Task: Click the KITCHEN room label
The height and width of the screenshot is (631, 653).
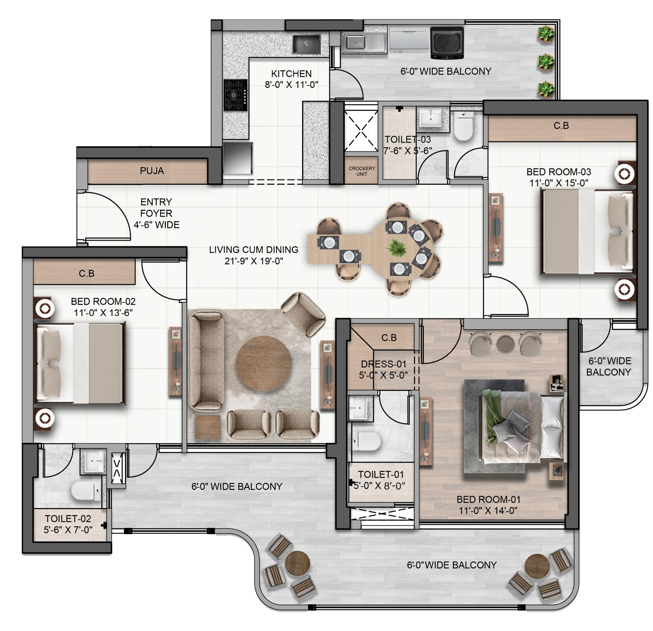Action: pos(291,74)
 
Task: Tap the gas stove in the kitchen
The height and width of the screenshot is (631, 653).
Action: pos(236,95)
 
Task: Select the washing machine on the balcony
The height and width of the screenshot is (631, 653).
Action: pos(447,43)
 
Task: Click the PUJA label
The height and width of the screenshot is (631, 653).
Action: pos(152,171)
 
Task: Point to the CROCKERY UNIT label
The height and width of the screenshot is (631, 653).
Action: pos(362,171)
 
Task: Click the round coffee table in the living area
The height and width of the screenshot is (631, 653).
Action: pos(264,363)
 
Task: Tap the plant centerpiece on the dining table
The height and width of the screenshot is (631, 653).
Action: pos(397,248)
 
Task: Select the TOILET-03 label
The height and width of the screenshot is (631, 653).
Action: pos(407,140)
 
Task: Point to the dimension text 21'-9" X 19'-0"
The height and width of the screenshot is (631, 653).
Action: pos(253,261)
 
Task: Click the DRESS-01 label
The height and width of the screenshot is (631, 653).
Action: pos(383,364)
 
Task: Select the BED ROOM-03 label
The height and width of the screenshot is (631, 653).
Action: pos(558,172)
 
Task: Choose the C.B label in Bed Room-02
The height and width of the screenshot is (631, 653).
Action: pos(86,273)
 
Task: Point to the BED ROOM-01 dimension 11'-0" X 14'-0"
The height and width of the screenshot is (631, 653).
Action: pos(488,511)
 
